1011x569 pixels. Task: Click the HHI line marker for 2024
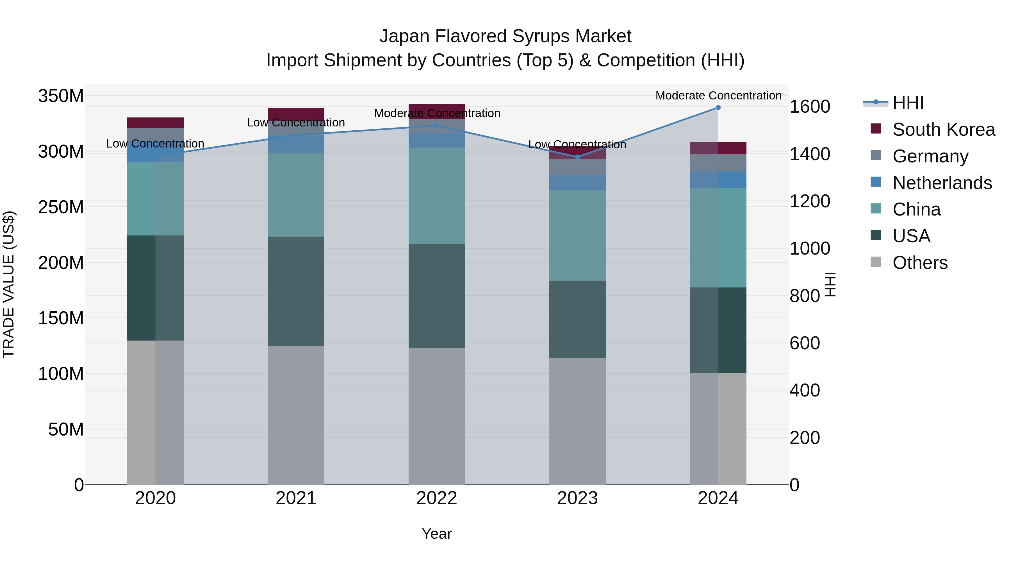pyautogui.click(x=718, y=107)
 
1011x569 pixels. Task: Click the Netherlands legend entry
pyautogui.click(x=942, y=183)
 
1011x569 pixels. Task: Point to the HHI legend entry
pyautogui.click(x=908, y=103)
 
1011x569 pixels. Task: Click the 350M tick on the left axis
pyautogui.click(x=61, y=96)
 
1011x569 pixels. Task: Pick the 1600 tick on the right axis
pyautogui.click(x=810, y=106)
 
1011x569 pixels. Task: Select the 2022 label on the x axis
pyautogui.click(x=436, y=498)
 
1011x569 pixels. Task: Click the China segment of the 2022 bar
pyautogui.click(x=436, y=196)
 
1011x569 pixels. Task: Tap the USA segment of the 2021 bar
pyautogui.click(x=296, y=291)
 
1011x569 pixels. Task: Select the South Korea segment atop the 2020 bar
pyautogui.click(x=155, y=123)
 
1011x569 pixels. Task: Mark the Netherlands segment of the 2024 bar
pyautogui.click(x=718, y=180)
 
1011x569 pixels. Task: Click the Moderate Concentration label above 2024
pyautogui.click(x=718, y=96)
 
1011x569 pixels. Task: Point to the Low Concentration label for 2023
pyautogui.click(x=577, y=144)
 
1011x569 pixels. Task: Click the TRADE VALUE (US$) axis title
pyautogui.click(x=9, y=284)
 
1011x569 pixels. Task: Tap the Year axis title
pyautogui.click(x=436, y=534)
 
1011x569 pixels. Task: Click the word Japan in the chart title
pyautogui.click(x=404, y=36)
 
